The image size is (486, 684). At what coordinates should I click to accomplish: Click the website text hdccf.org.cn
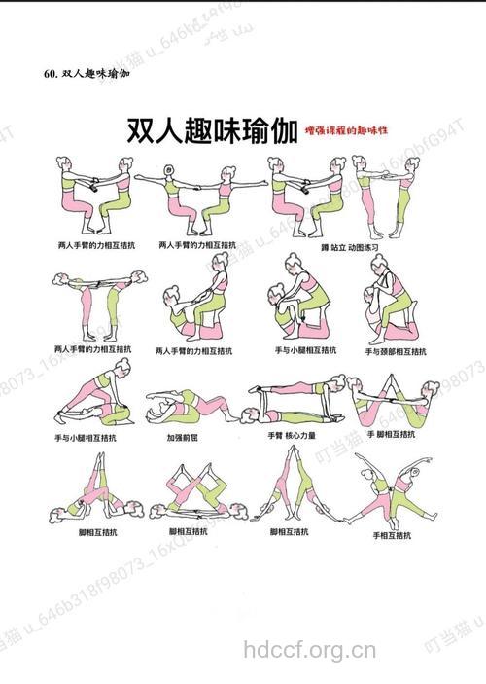coord(308,648)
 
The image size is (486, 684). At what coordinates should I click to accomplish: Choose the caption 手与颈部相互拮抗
coord(394,350)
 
